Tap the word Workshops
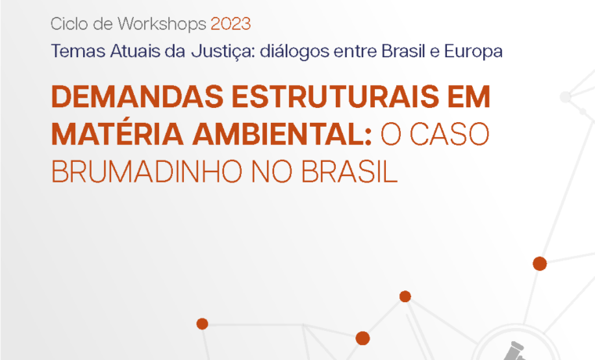pos(161,25)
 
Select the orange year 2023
pos(231,24)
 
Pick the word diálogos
pos(294,52)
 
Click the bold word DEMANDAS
pos(138,97)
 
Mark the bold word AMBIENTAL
pos(282,135)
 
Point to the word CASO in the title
pos(449,135)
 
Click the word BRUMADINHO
pos(147,172)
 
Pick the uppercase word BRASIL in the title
pos(349,172)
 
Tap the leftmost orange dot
pos(202,324)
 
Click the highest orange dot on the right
pos(539,263)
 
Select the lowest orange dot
pos(362,338)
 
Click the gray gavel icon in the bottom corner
pos(514,351)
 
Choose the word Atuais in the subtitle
pos(135,51)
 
